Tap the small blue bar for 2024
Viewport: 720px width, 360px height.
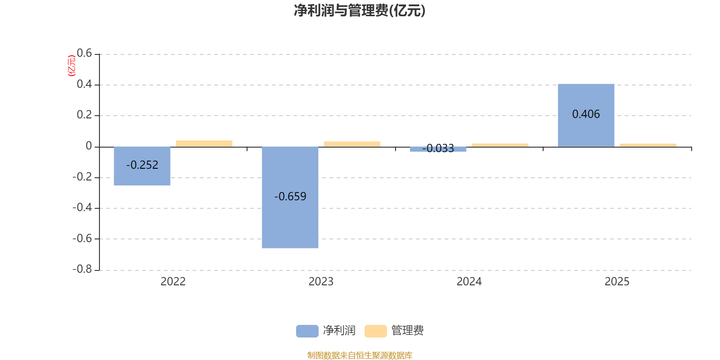coord(438,149)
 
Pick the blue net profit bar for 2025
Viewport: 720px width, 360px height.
coord(586,130)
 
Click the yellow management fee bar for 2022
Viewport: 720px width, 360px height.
coord(204,144)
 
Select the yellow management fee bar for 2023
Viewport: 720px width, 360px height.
coord(352,144)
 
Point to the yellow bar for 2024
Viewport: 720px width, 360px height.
coord(500,145)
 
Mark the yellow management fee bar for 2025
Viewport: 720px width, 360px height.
coord(648,145)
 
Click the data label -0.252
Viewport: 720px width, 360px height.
coord(142,165)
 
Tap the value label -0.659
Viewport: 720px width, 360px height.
coord(290,197)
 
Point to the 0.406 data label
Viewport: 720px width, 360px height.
coord(586,114)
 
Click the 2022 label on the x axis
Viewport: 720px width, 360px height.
coord(173,282)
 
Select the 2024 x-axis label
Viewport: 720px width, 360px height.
coord(469,282)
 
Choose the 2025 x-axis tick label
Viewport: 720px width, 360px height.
coord(617,282)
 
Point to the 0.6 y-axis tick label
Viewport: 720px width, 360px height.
coord(84,54)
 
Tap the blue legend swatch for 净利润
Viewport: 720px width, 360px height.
coord(307,331)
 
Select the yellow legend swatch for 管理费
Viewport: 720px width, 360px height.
coord(375,331)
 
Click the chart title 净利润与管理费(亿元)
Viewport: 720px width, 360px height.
coord(360,10)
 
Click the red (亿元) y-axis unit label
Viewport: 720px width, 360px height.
coord(71,66)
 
